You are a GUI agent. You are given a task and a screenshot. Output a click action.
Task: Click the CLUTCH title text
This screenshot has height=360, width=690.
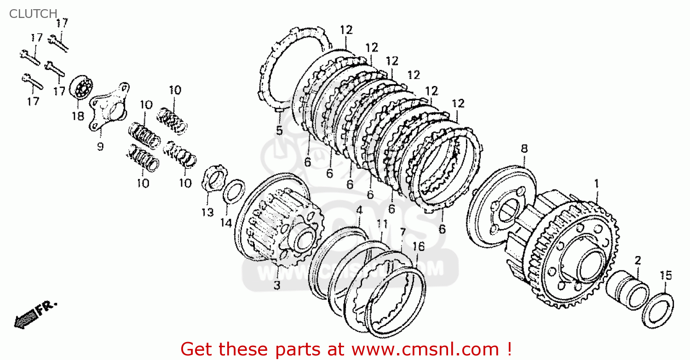point(33,14)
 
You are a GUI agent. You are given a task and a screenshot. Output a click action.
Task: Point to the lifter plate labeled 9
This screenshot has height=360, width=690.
point(109,107)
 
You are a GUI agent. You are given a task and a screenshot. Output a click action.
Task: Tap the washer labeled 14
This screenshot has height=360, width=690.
point(234,191)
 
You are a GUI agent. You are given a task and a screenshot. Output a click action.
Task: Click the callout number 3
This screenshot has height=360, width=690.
point(276,285)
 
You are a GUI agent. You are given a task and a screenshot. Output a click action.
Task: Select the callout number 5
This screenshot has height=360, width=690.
point(279,130)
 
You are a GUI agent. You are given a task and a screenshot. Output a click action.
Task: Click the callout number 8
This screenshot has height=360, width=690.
point(524,149)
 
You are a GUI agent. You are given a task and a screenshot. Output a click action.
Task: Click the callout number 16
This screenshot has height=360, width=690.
point(418,246)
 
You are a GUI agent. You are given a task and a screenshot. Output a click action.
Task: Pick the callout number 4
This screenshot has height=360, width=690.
point(359,210)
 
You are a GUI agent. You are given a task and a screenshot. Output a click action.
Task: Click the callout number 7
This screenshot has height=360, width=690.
point(402,231)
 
